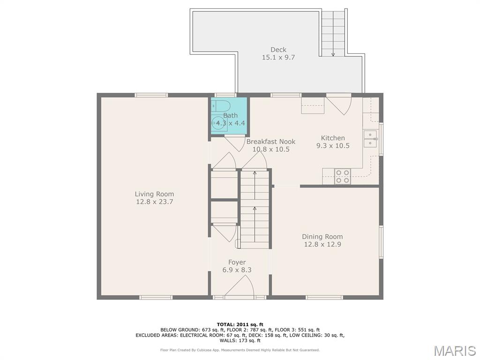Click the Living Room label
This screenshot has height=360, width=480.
point(154,194)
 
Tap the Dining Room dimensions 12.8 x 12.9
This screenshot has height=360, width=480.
point(322,244)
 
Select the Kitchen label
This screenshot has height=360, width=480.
point(333,138)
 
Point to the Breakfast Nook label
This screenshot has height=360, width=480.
point(270,142)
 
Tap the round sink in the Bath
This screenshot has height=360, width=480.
point(219,124)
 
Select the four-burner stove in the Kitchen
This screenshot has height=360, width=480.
point(343,177)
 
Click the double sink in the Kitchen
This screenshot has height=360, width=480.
point(370,139)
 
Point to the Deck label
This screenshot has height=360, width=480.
point(278,50)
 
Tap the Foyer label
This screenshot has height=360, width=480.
point(237,262)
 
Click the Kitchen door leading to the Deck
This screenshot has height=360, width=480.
point(339,105)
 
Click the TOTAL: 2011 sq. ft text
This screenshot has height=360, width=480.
point(240,324)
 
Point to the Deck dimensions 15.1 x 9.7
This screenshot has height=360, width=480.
point(278,57)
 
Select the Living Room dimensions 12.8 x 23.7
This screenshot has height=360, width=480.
point(155,202)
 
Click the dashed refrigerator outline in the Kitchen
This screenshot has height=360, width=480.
point(313,105)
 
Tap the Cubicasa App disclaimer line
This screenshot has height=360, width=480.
point(240,350)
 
